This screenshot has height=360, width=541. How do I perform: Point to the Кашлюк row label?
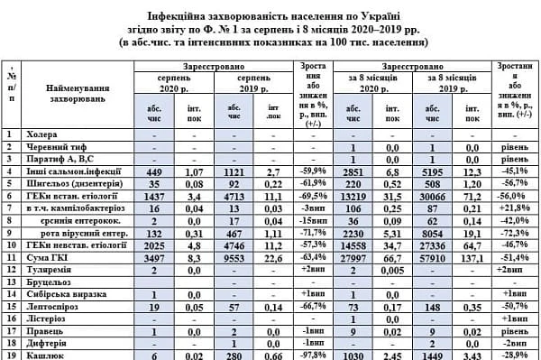click(47, 355)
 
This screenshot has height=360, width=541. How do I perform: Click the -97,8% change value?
click(313, 355)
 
